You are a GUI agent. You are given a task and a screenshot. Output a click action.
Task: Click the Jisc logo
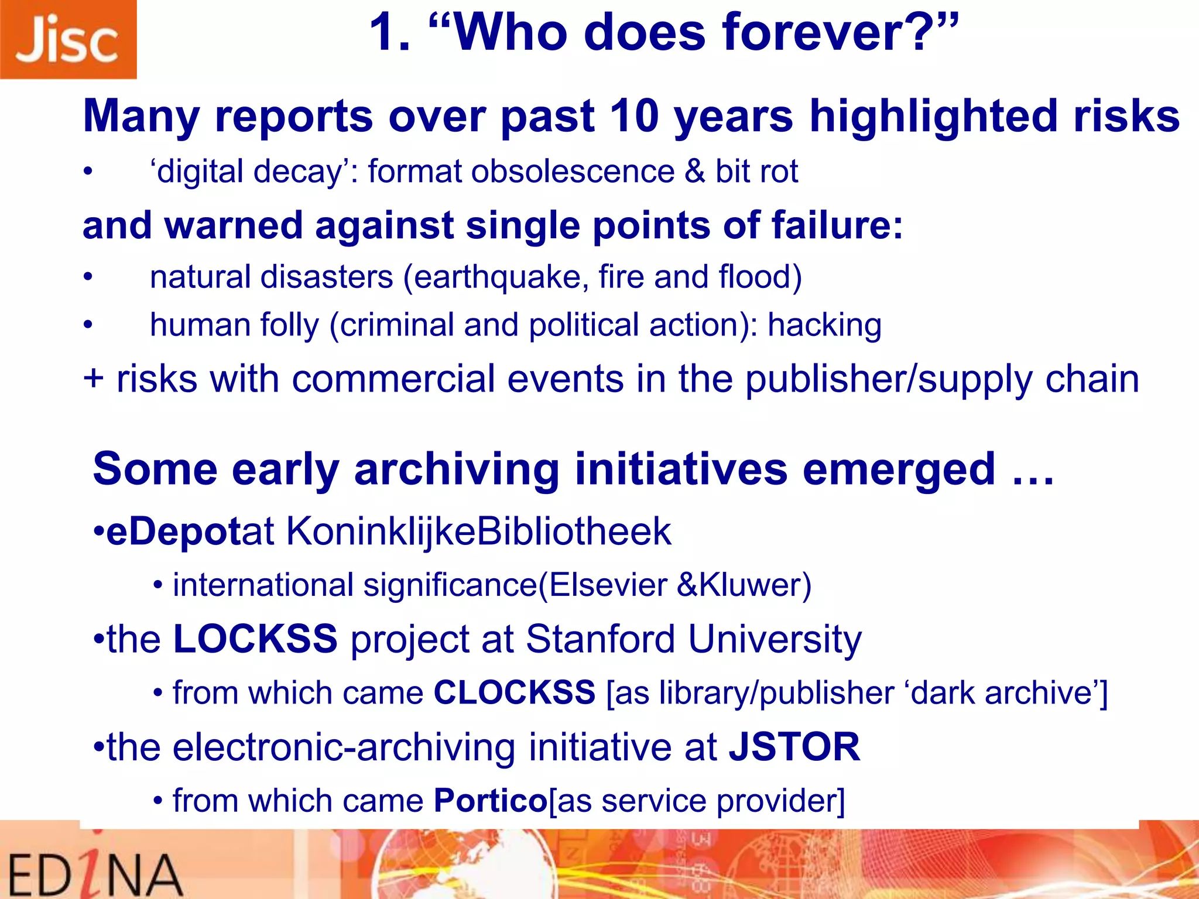pos(67,39)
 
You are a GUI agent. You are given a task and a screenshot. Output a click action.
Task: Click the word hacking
pos(824,325)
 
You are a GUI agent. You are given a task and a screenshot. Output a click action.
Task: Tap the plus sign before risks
pos(94,379)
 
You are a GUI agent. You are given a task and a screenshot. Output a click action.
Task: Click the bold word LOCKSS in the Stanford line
pos(255,639)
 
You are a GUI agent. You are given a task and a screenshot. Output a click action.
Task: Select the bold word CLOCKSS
pos(514,693)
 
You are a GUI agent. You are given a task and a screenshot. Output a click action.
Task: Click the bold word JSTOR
pos(794,747)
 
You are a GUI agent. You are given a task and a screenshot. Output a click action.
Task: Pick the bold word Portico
pos(490,801)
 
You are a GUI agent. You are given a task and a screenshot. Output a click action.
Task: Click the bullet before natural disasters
pos(88,277)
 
